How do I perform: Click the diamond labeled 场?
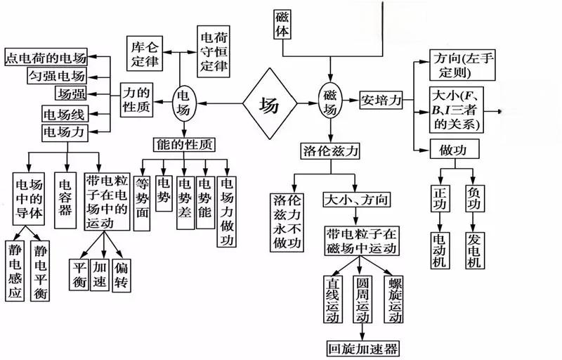[x=270, y=106]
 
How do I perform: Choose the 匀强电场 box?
[x=56, y=75]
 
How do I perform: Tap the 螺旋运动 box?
[x=396, y=299]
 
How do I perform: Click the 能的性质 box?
[x=185, y=144]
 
